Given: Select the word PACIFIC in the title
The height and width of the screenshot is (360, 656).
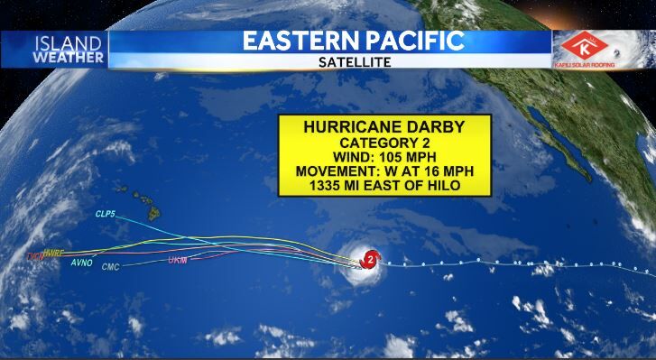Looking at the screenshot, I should pos(420,42).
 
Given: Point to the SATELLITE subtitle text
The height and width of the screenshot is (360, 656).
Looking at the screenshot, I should pos(355,63).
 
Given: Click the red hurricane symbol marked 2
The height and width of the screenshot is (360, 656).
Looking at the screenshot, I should pos(368,261).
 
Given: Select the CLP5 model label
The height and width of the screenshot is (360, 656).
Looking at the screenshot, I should pos(106,214).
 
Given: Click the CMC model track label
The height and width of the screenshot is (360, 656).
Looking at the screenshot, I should pos(111,267).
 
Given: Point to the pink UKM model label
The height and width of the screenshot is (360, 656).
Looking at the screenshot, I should pos(177,260).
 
